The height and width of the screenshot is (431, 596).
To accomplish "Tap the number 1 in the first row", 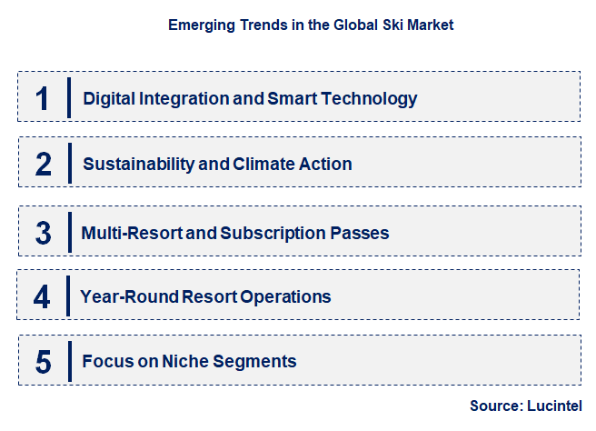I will click(x=43, y=98).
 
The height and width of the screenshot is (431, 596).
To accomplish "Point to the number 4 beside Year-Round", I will click(x=43, y=296).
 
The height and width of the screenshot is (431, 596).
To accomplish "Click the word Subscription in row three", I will click(x=279, y=233).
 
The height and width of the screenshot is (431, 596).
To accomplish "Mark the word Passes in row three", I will click(x=363, y=233).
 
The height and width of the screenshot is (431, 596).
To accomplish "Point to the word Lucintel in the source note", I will click(x=554, y=406).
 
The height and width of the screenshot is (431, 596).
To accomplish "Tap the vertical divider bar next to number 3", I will click(x=69, y=232).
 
